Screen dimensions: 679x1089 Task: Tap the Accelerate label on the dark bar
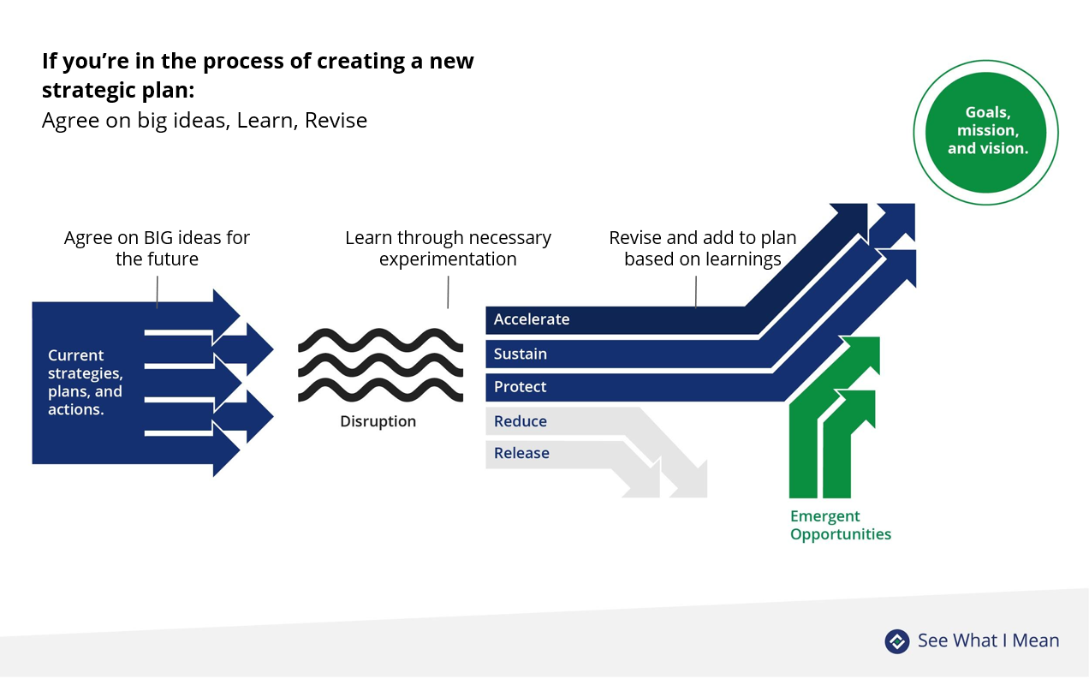click(531, 319)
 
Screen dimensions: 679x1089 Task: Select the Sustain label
click(520, 354)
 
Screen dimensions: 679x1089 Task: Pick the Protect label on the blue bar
click(520, 387)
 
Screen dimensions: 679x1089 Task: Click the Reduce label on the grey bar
click(520, 421)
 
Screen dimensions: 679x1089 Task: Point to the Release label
click(521, 453)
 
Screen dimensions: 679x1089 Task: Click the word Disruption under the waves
click(378, 421)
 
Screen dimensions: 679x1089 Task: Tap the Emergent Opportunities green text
click(840, 525)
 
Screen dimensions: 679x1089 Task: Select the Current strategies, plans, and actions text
click(85, 382)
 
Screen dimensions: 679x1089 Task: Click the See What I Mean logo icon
click(896, 640)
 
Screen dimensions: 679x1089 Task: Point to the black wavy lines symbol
click(380, 365)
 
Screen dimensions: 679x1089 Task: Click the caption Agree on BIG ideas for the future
click(157, 247)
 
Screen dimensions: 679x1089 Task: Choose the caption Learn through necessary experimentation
click(448, 247)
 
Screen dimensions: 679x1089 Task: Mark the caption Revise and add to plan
click(702, 247)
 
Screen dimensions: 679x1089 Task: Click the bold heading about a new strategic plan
click(257, 74)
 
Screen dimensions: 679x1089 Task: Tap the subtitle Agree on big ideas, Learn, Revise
click(205, 121)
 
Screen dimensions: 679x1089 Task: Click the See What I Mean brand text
click(988, 640)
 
